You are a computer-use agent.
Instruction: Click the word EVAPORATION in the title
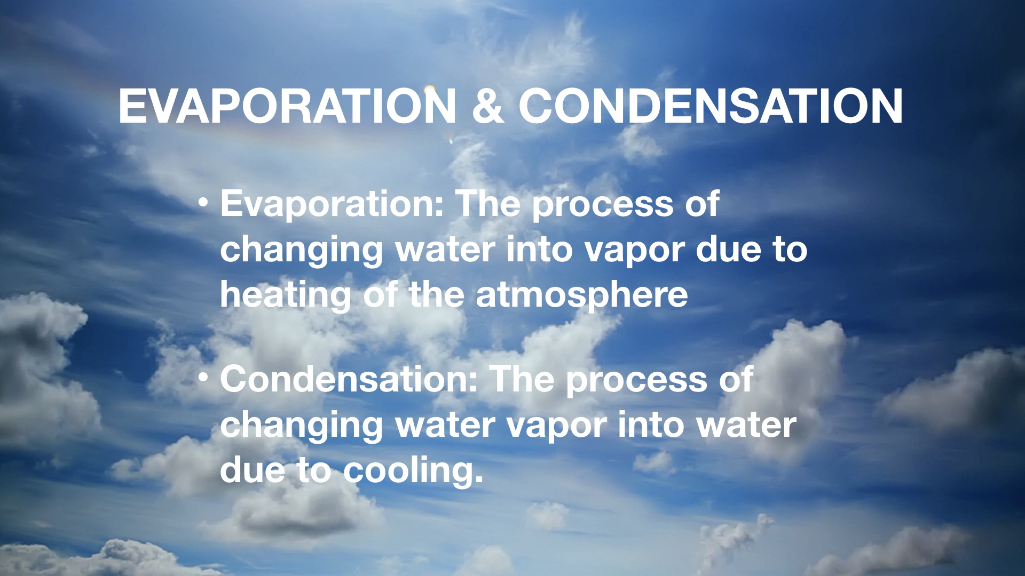tap(287, 106)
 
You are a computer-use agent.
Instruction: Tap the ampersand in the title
tap(488, 106)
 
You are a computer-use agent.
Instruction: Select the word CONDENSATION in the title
tap(711, 106)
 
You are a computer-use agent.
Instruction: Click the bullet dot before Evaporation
tap(202, 203)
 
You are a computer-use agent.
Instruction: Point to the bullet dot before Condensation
tap(202, 378)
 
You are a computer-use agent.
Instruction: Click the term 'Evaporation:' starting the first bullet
tap(332, 204)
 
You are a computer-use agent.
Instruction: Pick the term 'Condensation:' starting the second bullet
tap(349, 379)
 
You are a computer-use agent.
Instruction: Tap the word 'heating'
tap(286, 296)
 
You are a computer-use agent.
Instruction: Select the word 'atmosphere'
tap(581, 296)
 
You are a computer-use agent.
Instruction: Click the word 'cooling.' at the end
tap(413, 471)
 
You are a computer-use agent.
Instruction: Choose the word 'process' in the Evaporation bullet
tap(603, 206)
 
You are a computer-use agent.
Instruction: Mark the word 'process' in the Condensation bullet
tap(636, 381)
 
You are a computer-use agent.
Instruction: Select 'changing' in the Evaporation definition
tap(302, 251)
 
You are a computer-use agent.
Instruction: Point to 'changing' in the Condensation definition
tap(302, 426)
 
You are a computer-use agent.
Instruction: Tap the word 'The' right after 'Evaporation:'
tap(488, 204)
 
